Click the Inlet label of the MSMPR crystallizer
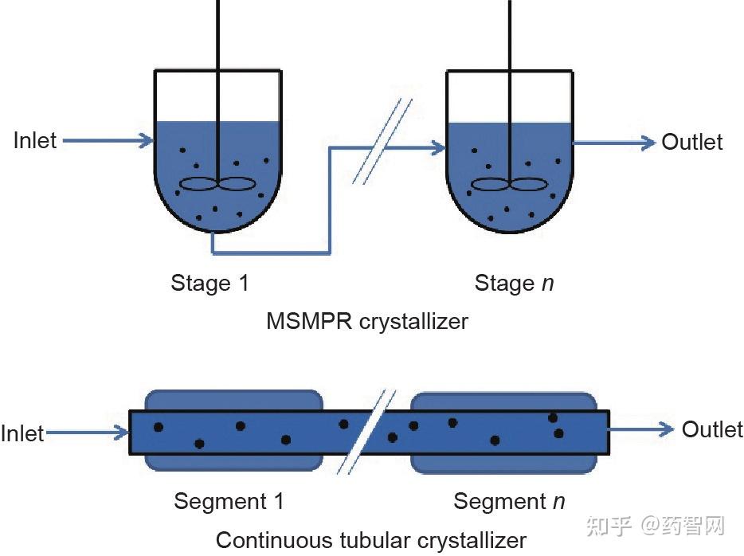point(35,140)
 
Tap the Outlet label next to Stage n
point(692,142)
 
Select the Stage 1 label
point(209,284)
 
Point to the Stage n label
point(515,284)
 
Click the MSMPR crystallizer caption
point(367,322)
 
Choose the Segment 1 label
point(229,502)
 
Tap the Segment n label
point(510,502)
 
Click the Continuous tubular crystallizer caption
point(371,540)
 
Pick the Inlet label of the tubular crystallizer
point(22,433)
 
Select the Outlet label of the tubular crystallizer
point(712,429)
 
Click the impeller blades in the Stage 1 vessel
point(217,184)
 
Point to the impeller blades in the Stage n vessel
point(509,184)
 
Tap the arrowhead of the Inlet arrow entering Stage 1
point(146,140)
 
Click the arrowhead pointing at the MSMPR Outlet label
point(648,143)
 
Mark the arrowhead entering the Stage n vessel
point(438,148)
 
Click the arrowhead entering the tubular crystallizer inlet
point(121,433)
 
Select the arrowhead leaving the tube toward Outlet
point(666,429)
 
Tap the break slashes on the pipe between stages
point(382,141)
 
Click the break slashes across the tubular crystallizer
point(366,433)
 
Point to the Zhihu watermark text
point(656,526)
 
